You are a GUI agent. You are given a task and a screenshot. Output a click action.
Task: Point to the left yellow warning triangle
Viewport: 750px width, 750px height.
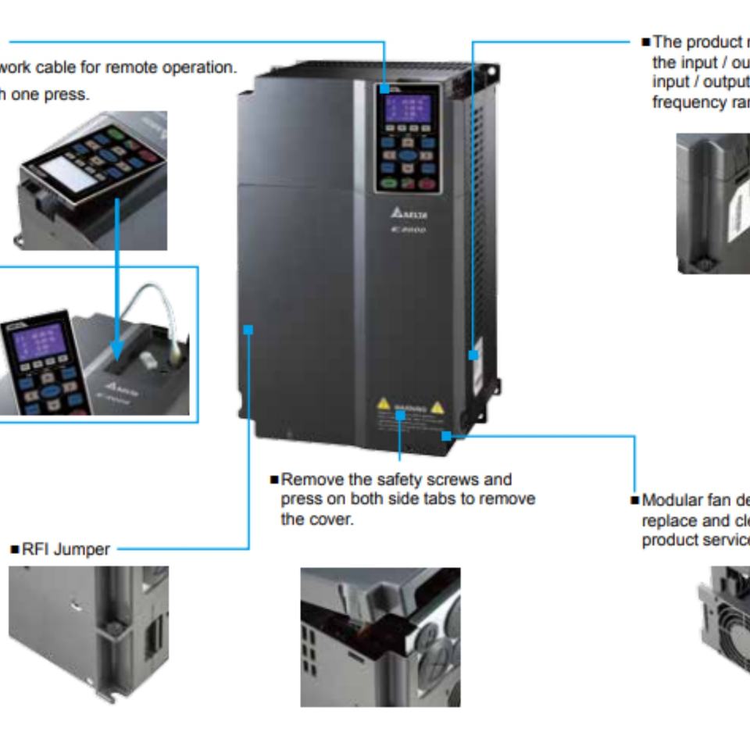384,404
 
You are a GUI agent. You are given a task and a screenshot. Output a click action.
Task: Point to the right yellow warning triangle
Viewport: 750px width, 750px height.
437,406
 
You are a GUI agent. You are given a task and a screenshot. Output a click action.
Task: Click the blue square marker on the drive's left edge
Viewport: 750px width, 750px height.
248,329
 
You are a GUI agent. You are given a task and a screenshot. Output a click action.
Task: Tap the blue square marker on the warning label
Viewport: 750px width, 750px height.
400,415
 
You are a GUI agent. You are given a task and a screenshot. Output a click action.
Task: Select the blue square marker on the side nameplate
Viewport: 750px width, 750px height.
473,355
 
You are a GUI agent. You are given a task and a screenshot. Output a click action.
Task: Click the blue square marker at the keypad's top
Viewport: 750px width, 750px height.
385,89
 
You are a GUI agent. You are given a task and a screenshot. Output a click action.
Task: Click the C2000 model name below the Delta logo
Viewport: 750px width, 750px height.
409,230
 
